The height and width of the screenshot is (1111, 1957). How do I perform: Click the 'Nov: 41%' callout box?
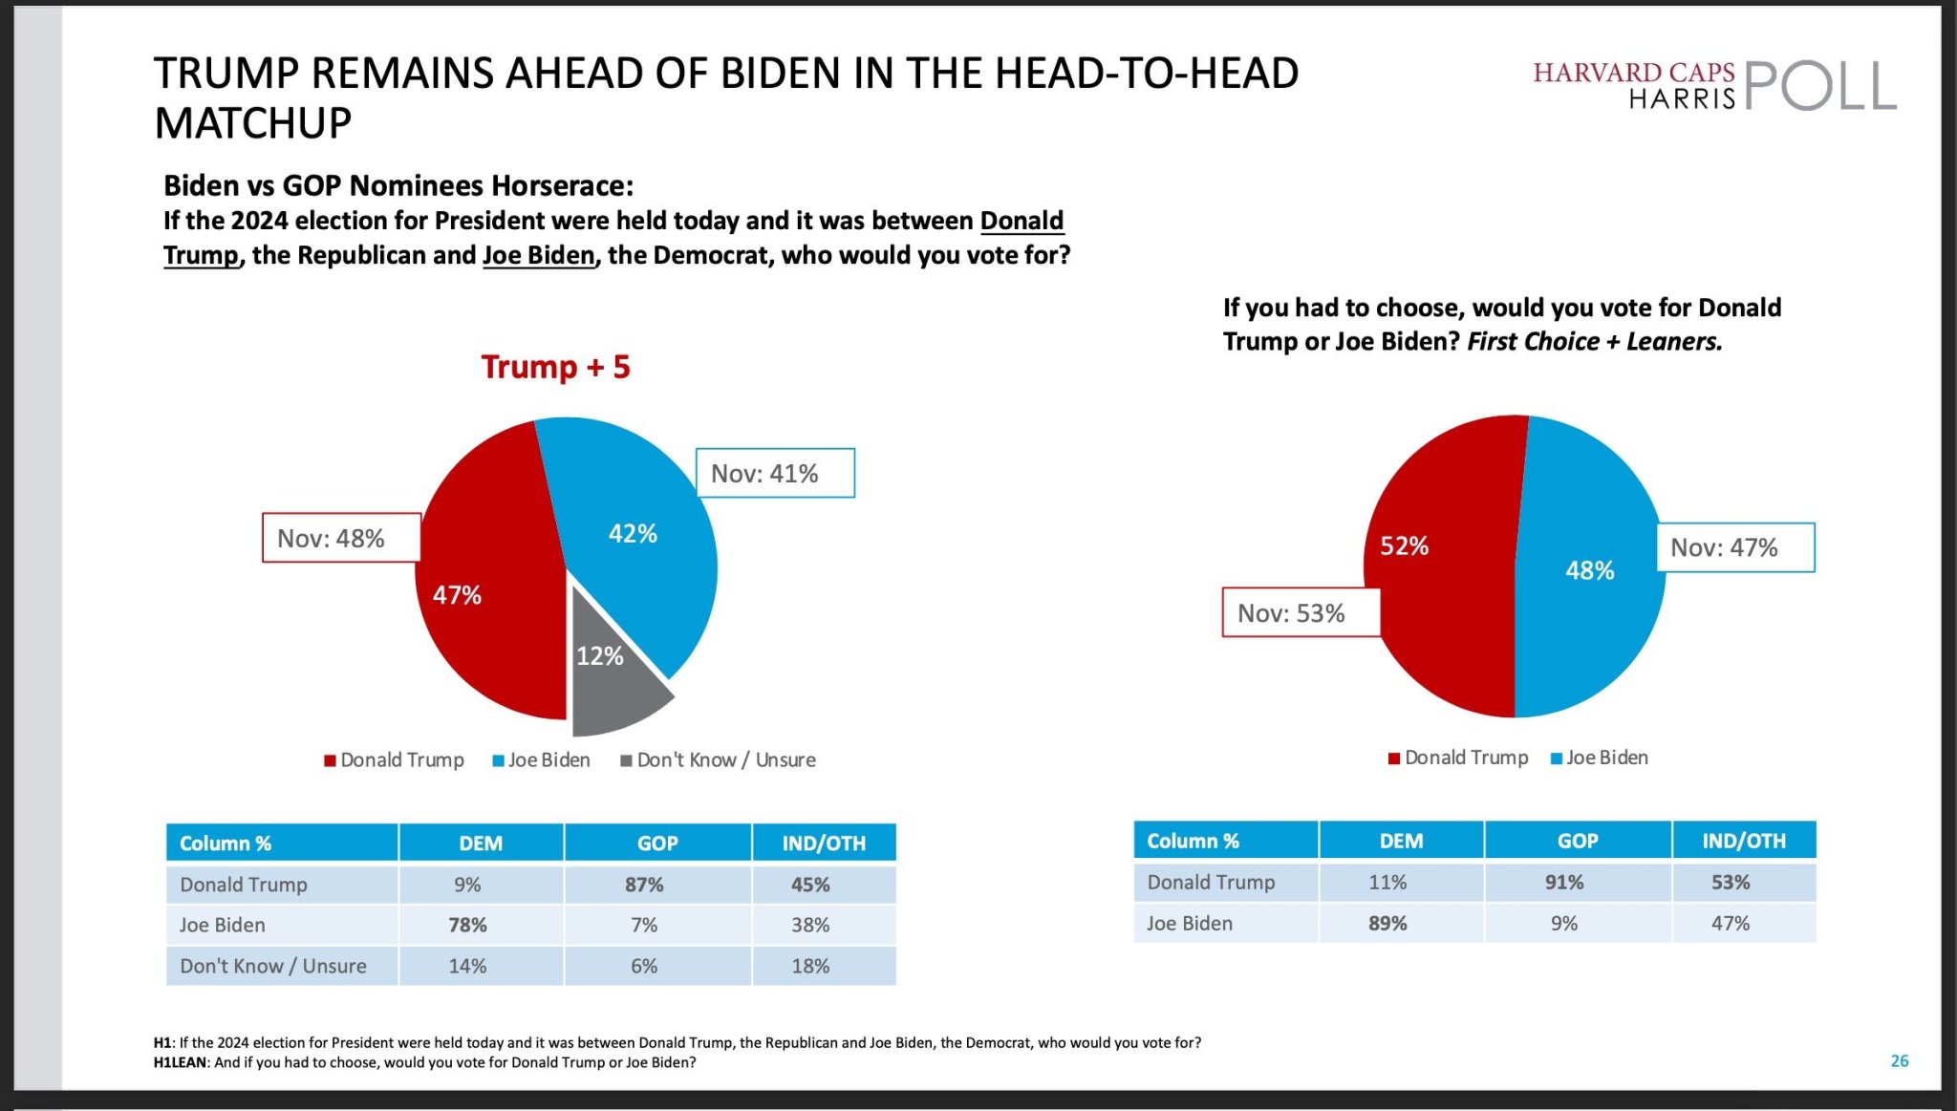pyautogui.click(x=775, y=473)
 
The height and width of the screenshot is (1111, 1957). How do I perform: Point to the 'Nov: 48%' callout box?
pyautogui.click(x=341, y=538)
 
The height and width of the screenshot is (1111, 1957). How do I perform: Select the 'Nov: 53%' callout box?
pyautogui.click(x=1301, y=612)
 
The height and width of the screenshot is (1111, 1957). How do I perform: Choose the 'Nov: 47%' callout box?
pyautogui.click(x=1734, y=547)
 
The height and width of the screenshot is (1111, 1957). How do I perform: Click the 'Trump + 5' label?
pyautogui.click(x=555, y=367)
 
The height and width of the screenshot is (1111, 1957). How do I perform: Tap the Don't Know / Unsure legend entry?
pyautogui.click(x=719, y=760)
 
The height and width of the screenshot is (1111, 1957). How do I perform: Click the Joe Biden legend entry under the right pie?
pyautogui.click(x=1600, y=758)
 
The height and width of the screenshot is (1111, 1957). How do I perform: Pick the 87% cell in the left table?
pyautogui.click(x=644, y=885)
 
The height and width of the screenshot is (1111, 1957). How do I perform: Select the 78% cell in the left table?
pyautogui.click(x=467, y=925)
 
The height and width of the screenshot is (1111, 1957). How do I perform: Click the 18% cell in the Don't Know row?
pyautogui.click(x=810, y=966)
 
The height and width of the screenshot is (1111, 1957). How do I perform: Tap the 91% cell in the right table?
pyautogui.click(x=1564, y=882)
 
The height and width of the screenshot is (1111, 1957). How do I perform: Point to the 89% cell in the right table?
pyautogui.click(x=1387, y=923)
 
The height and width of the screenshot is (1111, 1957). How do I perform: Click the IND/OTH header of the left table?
pyautogui.click(x=824, y=844)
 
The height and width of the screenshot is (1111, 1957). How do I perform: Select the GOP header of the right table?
pyautogui.click(x=1578, y=841)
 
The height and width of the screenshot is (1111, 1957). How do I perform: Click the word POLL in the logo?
pyautogui.click(x=1820, y=87)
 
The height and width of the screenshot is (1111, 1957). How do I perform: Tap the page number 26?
pyautogui.click(x=1900, y=1060)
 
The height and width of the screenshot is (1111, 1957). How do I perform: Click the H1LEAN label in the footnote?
pyautogui.click(x=180, y=1062)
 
